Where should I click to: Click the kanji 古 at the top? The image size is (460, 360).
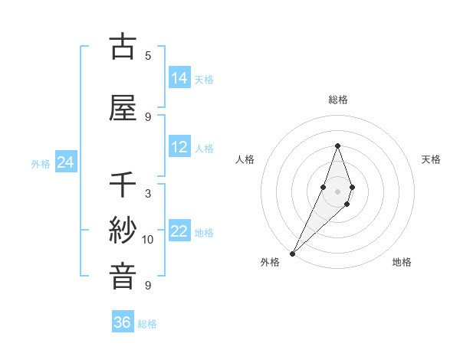tap(123, 47)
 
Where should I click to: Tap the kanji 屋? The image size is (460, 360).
tap(123, 108)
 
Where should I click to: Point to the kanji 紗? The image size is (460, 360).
tap(123, 231)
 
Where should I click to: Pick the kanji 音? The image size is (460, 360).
tap(123, 277)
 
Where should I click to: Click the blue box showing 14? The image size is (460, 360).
tap(179, 78)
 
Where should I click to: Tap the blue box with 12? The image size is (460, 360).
tap(179, 147)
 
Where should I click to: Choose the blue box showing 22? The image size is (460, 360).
tap(179, 232)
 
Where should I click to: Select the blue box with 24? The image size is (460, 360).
tap(65, 163)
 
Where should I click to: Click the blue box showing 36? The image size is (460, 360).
tap(122, 322)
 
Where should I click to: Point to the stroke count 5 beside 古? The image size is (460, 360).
tap(148, 55)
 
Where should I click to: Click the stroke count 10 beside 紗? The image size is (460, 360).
tap(148, 240)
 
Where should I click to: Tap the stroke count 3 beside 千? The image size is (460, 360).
tap(148, 193)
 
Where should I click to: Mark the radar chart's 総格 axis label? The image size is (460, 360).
tap(337, 100)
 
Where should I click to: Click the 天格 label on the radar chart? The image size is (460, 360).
tap(431, 159)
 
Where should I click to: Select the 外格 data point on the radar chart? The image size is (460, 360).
tap(292, 253)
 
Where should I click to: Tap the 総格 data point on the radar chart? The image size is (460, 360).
tap(337, 146)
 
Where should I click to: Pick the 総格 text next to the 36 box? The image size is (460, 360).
tap(147, 324)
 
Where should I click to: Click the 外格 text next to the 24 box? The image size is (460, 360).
tap(41, 164)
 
